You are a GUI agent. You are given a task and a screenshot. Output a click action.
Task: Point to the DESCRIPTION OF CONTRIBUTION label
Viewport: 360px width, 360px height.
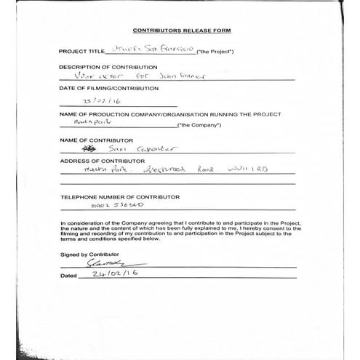pos(108,67)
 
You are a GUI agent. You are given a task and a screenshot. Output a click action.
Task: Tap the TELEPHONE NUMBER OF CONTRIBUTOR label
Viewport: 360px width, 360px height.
pos(114,197)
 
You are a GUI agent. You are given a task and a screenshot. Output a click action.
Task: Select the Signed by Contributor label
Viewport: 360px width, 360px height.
pos(89,255)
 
